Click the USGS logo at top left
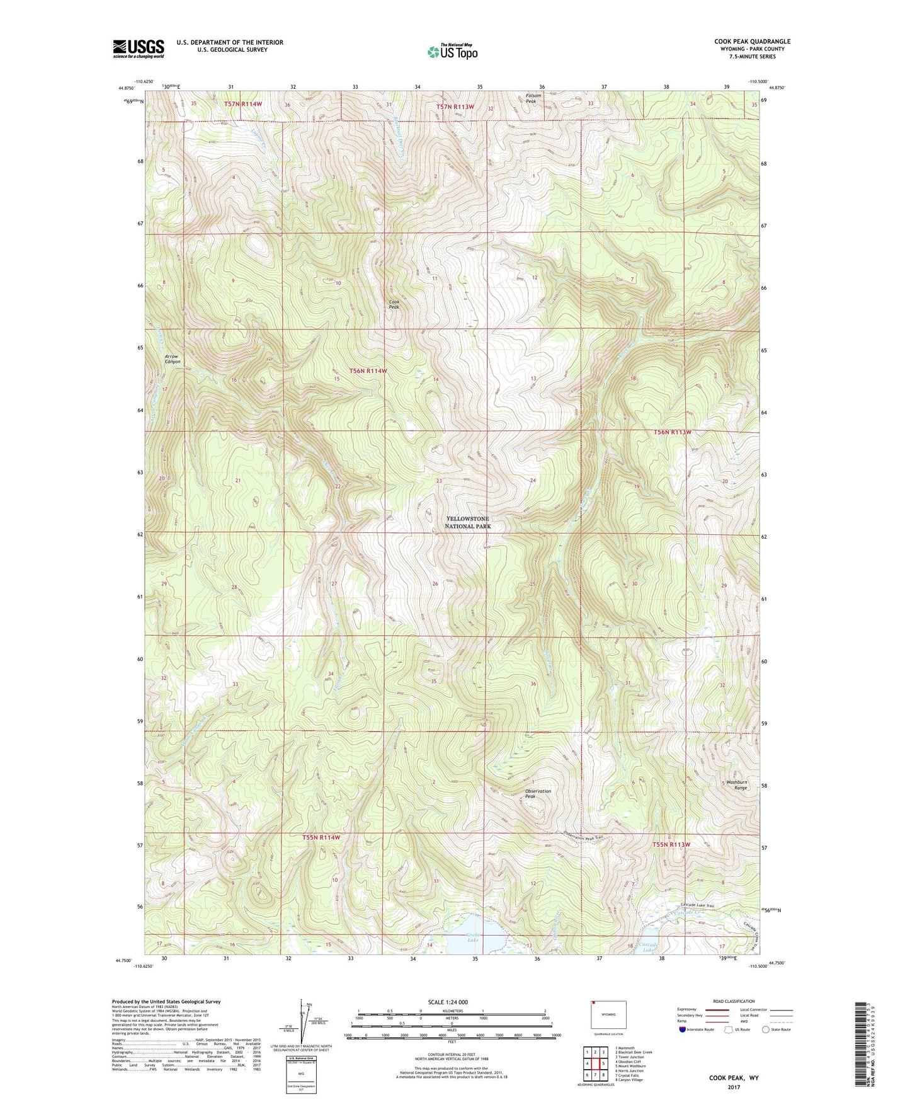point(139,49)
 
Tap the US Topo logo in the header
point(452,52)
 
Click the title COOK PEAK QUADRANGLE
point(752,42)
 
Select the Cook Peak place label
point(394,304)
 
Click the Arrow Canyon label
point(173,359)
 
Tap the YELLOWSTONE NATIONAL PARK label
point(467,522)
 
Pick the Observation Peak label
point(538,794)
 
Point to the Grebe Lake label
point(473,937)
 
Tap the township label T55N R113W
point(671,844)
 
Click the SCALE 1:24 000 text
point(451,1002)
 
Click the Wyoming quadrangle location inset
point(608,1017)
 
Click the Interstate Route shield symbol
point(683,1029)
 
